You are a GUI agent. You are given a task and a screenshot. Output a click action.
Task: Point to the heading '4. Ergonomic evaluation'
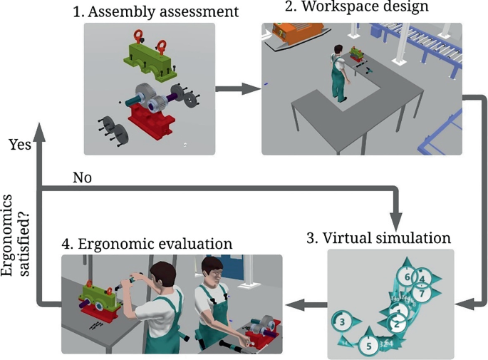pyautogui.click(x=147, y=244)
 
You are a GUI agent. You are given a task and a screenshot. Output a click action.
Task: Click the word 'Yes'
pyautogui.click(x=19, y=144)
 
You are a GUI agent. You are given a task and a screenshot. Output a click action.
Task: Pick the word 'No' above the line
pyautogui.click(x=83, y=177)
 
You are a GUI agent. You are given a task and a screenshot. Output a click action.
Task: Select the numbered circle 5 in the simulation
pyautogui.click(x=368, y=346)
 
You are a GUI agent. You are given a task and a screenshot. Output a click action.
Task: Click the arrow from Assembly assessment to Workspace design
pyautogui.click(x=238, y=90)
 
